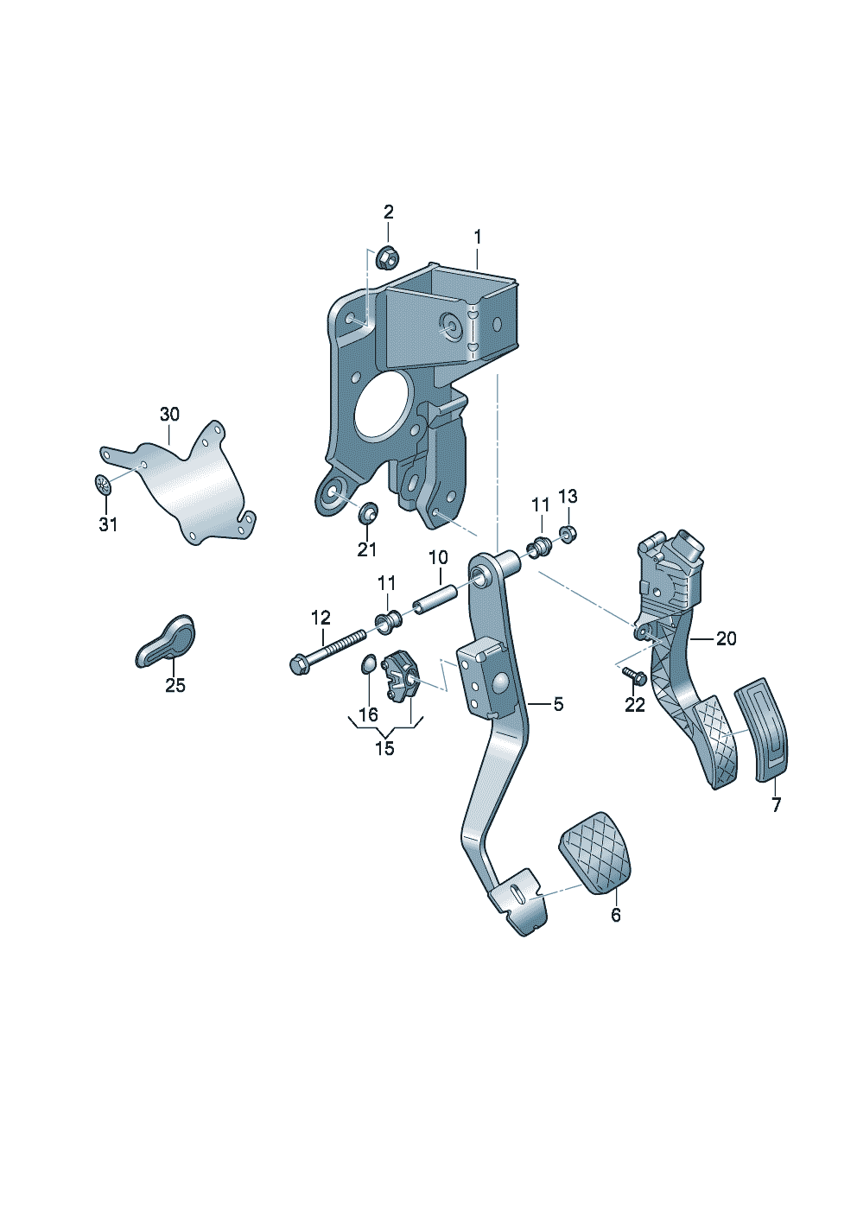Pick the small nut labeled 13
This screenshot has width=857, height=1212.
point(568,535)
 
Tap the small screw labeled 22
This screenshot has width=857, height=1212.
point(633,675)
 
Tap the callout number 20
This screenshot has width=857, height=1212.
point(726,639)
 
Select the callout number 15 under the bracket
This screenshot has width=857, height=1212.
point(384,749)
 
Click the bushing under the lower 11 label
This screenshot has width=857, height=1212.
point(389,622)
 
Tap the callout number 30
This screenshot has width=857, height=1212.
point(169,415)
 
